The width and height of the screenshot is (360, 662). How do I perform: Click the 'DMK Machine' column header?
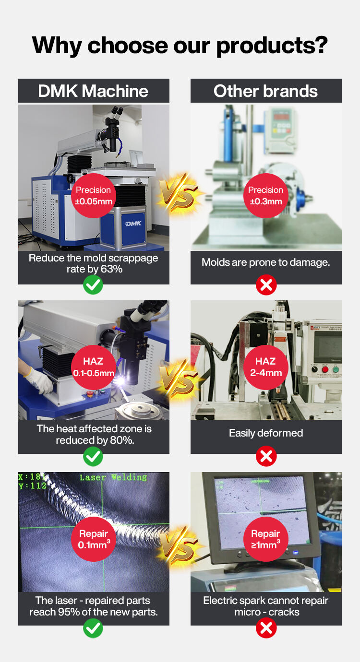point(94,91)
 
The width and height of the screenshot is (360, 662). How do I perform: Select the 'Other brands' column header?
point(266,91)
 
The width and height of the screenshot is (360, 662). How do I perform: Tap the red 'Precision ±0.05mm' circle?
point(94,196)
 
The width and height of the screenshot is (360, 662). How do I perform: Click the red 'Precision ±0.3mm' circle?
point(266,196)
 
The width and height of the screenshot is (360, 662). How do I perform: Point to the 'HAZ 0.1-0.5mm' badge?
point(94,367)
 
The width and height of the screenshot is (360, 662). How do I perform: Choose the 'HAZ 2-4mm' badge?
point(266,367)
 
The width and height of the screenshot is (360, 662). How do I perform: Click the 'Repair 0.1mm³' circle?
point(94,539)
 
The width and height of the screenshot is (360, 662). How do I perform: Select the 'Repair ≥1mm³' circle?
point(266,539)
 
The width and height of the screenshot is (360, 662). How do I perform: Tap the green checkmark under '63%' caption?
point(93,285)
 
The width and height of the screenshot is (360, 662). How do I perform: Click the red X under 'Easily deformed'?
point(266,456)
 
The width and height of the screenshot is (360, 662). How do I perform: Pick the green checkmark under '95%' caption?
point(93,628)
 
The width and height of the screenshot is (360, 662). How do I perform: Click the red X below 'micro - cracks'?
point(266,628)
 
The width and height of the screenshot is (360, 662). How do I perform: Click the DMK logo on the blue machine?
point(133,224)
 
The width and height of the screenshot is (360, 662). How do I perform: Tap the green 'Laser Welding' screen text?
point(113,477)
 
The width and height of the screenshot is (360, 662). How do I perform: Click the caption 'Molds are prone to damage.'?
point(266,262)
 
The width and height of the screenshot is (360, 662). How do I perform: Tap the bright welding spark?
point(120,381)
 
